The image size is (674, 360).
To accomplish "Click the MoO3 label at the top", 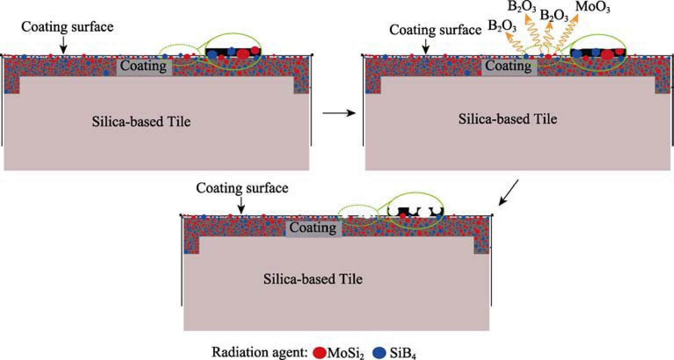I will pyautogui.click(x=592, y=7).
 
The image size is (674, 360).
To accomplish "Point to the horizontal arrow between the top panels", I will pyautogui.click(x=338, y=114).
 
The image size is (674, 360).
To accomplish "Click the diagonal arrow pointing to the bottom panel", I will pyautogui.click(x=509, y=192).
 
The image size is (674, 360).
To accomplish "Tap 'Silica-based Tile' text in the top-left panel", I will pyautogui.click(x=141, y=121).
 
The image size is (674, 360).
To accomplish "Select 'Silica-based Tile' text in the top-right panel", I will pyautogui.click(x=508, y=119).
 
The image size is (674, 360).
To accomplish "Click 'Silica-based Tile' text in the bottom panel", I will pyautogui.click(x=313, y=279).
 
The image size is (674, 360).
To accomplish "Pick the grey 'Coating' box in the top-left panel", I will pyautogui.click(x=143, y=67).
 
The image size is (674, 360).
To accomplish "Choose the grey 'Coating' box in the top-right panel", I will pyautogui.click(x=509, y=67).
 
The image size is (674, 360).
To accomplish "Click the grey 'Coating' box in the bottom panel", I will pyautogui.click(x=313, y=228).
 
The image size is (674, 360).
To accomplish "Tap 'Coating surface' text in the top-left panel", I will pyautogui.click(x=67, y=27).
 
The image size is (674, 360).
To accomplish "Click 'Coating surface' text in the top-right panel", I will pyautogui.click(x=435, y=30).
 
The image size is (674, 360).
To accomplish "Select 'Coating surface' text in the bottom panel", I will pyautogui.click(x=242, y=188).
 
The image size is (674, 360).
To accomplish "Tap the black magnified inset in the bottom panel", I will pyautogui.click(x=415, y=210).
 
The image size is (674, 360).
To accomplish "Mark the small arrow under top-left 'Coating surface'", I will pyautogui.click(x=64, y=44).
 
